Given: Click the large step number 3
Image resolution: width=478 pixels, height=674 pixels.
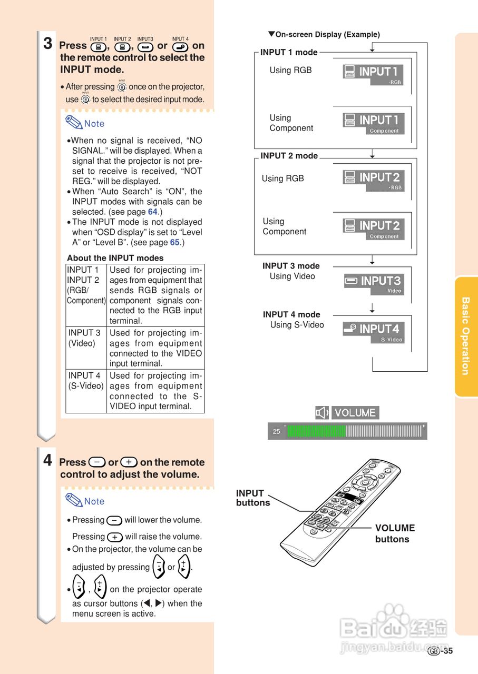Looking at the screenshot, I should (47, 43).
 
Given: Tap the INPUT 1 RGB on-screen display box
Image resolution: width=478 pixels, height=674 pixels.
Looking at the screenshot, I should (373, 74).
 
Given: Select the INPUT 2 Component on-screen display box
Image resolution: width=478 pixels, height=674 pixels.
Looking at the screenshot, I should (374, 229).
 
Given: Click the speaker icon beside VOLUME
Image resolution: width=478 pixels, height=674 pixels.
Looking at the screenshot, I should (321, 413).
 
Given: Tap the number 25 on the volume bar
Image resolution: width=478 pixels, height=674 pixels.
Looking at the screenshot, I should (277, 431).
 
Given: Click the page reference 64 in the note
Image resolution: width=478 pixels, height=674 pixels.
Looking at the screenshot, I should (152, 212).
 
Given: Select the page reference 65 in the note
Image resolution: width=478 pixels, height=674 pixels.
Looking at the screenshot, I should (175, 242).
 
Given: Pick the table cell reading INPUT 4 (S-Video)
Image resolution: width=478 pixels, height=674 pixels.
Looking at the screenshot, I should (85, 381).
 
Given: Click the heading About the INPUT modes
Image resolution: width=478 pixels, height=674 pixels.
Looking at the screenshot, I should (115, 258).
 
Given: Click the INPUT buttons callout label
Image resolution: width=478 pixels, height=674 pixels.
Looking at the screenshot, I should (252, 498).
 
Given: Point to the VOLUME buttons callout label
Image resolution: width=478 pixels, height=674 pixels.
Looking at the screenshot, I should (395, 533).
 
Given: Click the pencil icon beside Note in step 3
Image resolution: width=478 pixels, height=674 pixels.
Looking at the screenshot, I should (74, 123).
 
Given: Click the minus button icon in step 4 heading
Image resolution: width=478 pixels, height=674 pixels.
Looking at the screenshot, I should (97, 462).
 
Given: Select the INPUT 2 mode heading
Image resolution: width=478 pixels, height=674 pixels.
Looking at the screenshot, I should (289, 156).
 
